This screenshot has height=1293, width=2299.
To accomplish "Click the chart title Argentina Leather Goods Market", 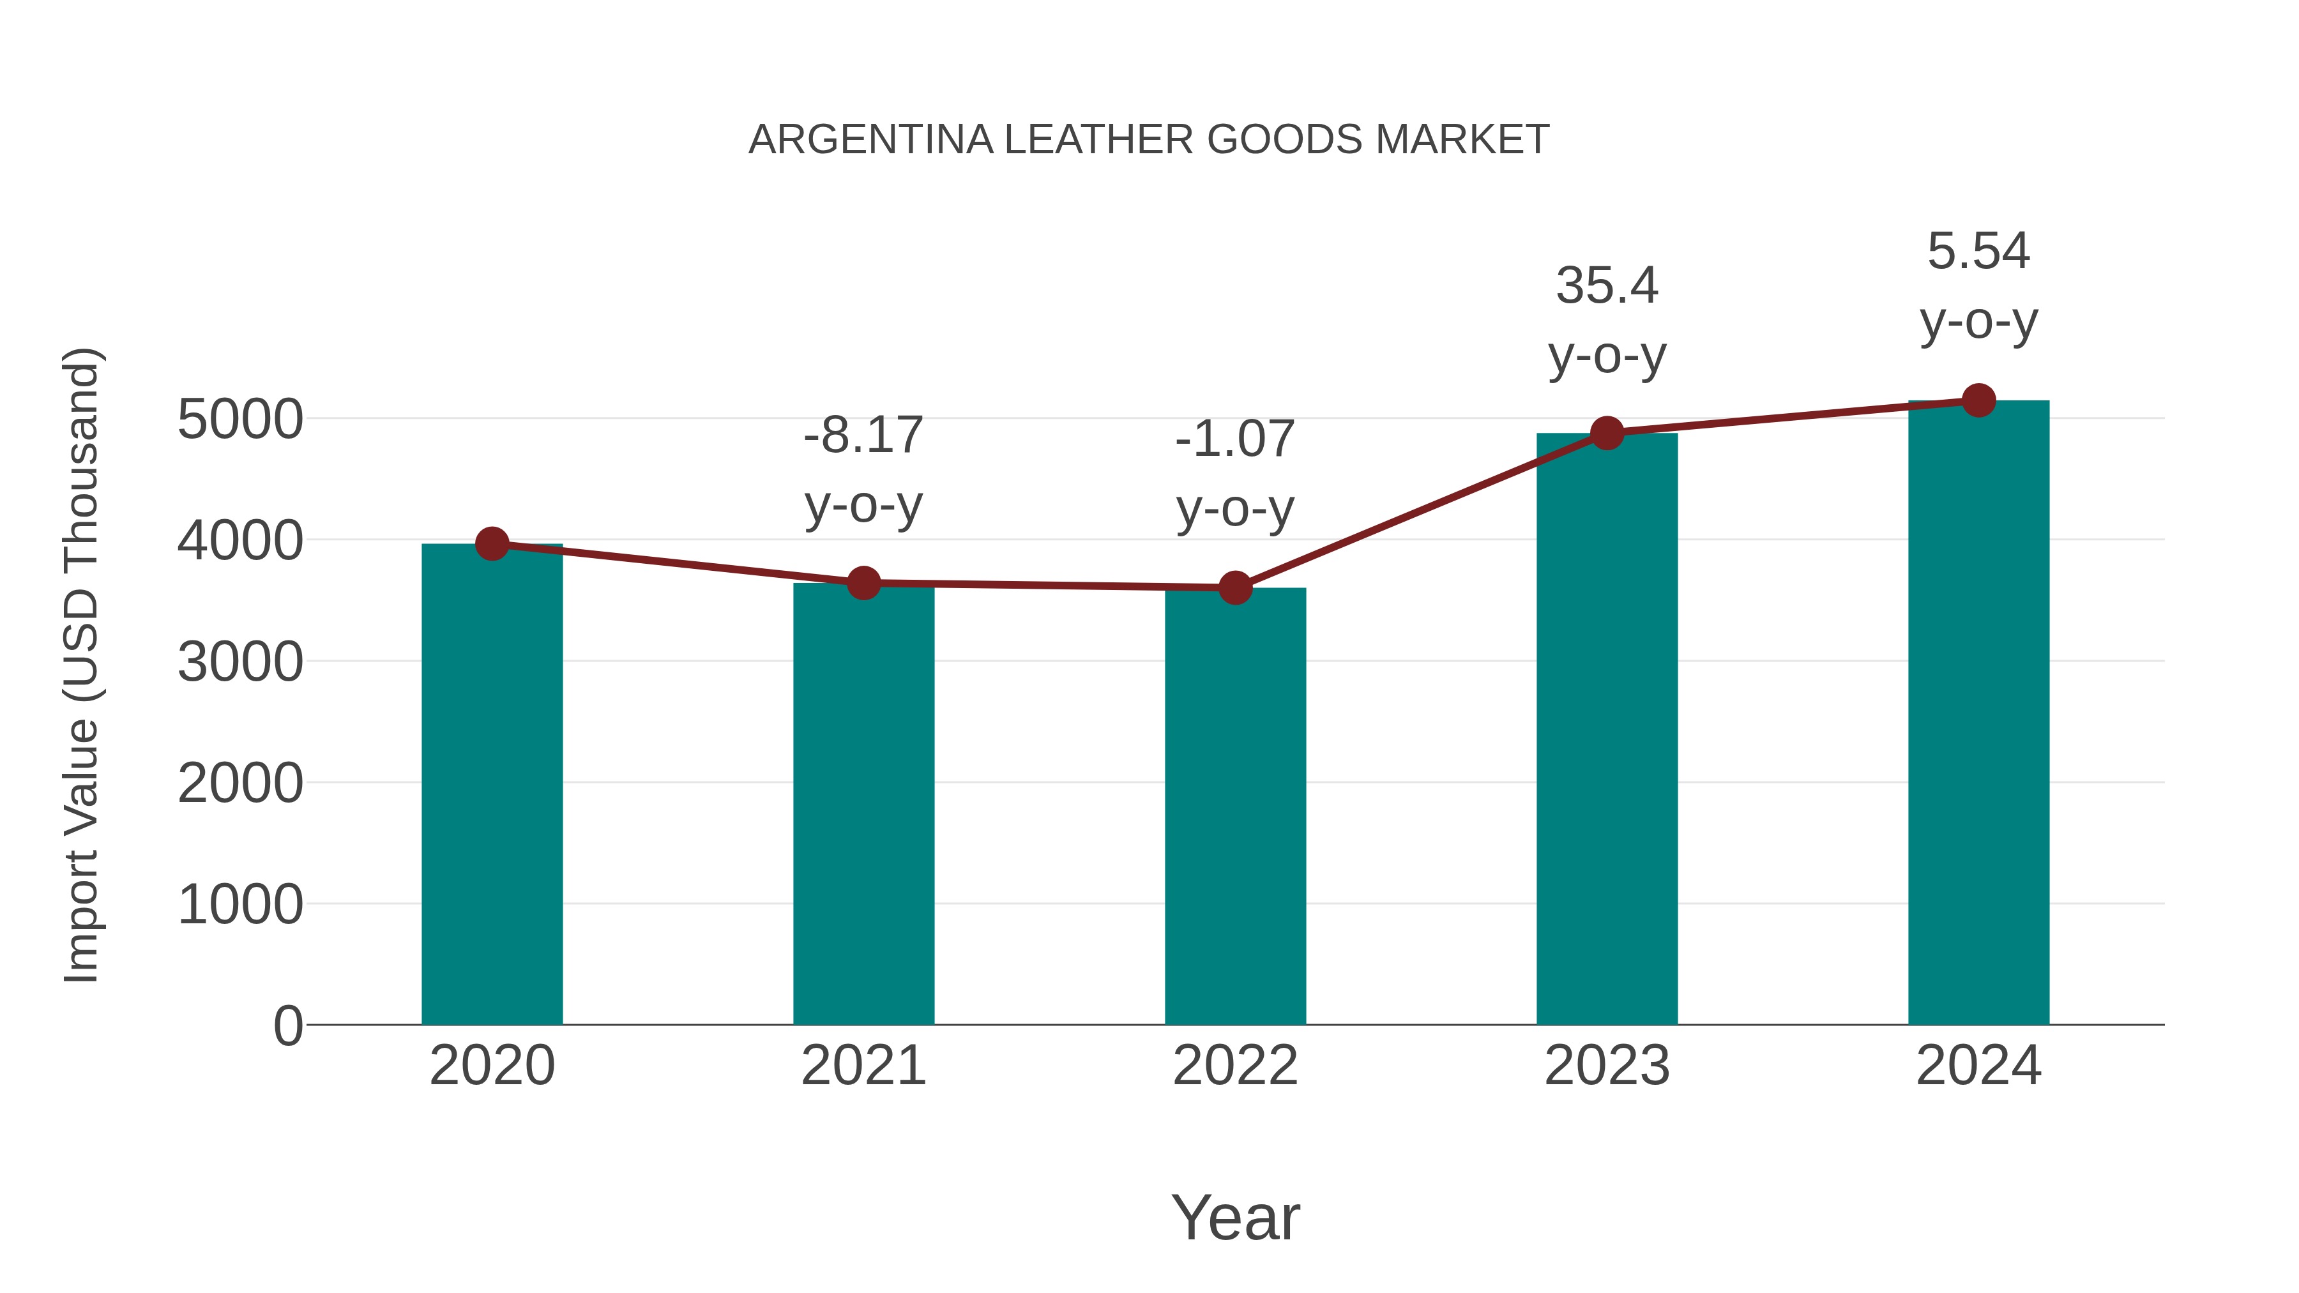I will click(x=1149, y=140).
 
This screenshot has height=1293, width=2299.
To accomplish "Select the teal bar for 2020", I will click(x=492, y=785).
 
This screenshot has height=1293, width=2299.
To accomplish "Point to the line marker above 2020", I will click(x=492, y=543).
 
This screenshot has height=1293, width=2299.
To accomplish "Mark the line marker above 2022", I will click(x=1235, y=588).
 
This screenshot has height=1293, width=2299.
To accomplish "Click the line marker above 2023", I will click(x=1607, y=433).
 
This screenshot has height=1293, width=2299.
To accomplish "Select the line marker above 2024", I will click(x=1978, y=400).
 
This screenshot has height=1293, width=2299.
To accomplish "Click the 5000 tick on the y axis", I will click(x=240, y=420).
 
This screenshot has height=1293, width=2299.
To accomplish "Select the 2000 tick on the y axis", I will click(x=240, y=783).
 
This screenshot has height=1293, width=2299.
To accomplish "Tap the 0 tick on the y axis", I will click(x=287, y=1026).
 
